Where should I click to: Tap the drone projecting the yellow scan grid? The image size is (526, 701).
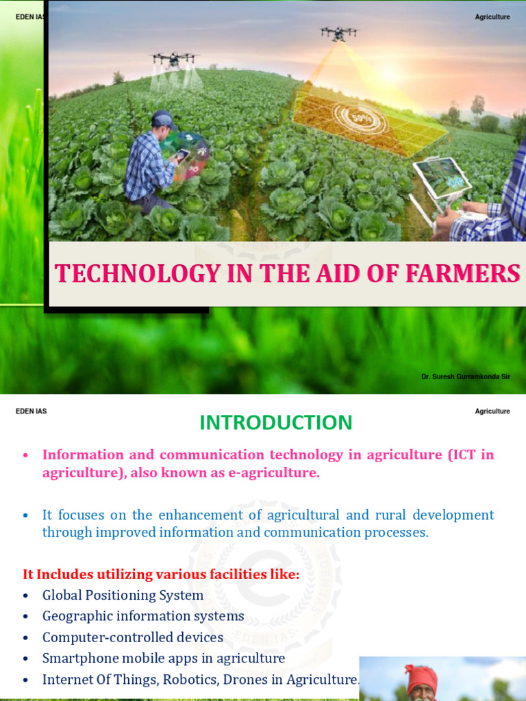[x=338, y=32]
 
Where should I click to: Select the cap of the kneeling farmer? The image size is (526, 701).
[x=163, y=118]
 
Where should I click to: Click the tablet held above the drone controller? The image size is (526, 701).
[x=442, y=176]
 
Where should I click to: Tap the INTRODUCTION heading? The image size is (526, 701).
[x=276, y=422]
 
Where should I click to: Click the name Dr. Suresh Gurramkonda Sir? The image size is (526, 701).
[x=466, y=377]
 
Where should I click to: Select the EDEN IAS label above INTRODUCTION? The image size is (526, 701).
[x=32, y=411]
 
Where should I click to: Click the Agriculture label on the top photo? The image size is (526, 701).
[x=492, y=17]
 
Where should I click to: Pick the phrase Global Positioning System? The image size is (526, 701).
[x=123, y=595]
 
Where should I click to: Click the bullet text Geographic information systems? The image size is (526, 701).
[x=143, y=616]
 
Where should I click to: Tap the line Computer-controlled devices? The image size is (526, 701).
[x=133, y=637]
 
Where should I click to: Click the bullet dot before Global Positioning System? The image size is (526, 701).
[x=26, y=596]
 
